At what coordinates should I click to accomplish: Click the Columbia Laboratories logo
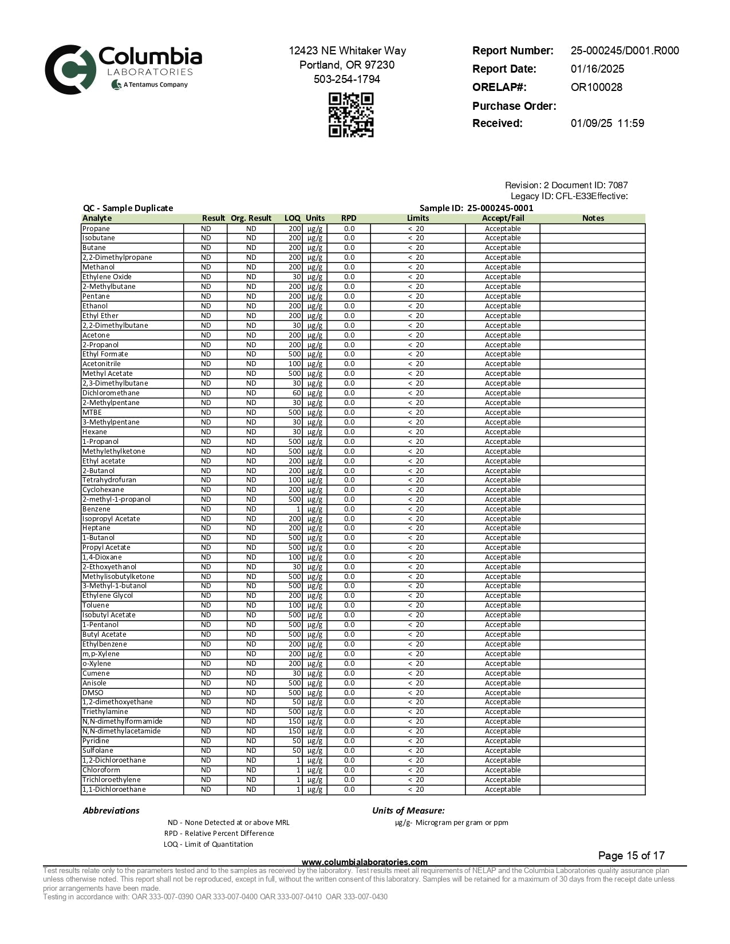(123, 69)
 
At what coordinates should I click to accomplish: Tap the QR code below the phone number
(351, 115)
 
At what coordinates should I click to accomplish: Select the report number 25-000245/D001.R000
(625, 50)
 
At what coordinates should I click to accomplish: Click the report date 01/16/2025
(597, 69)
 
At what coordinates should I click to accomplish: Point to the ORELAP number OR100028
(596, 88)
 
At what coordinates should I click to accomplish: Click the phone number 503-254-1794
(347, 80)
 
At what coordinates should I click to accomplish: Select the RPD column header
(349, 218)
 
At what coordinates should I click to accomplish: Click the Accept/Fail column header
(503, 218)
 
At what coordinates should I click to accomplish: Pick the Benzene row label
(96, 509)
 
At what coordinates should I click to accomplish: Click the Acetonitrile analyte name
(101, 364)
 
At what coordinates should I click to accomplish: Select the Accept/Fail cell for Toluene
(503, 605)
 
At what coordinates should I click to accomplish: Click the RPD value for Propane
(349, 229)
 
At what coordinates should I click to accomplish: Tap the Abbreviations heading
(111, 811)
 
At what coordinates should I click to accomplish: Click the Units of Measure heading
(408, 811)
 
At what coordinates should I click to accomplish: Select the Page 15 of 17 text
(631, 856)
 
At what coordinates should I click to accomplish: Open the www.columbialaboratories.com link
(364, 862)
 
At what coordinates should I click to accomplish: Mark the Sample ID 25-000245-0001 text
(476, 208)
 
